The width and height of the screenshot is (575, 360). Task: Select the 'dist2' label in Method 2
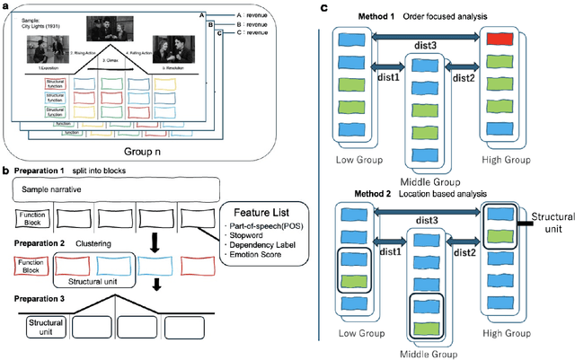tap(464, 254)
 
